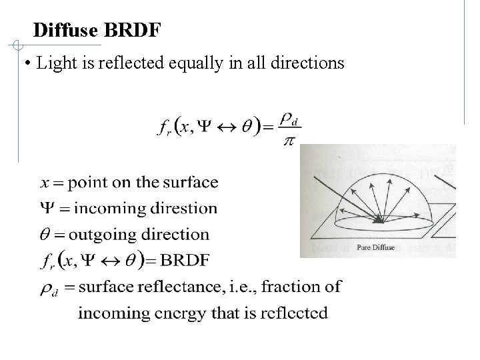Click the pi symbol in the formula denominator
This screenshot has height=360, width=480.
289,144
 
